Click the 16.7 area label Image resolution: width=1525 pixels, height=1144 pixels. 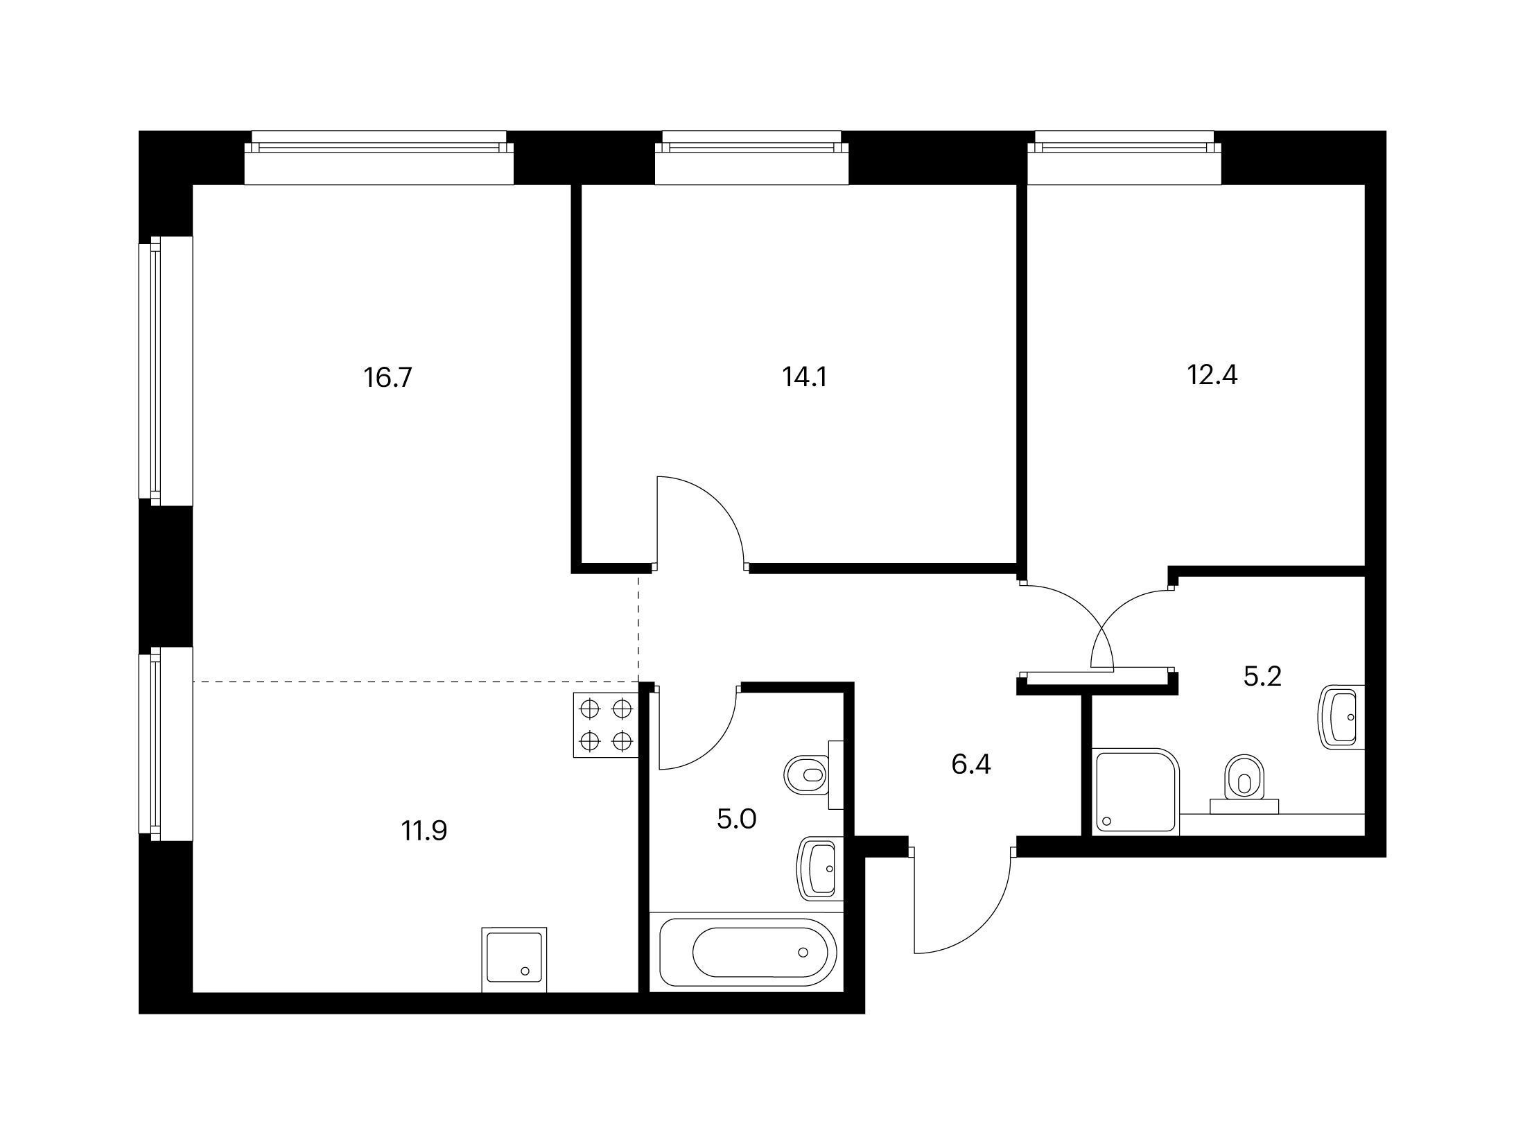pyautogui.click(x=388, y=378)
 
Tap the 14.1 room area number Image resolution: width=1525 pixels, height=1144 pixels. pyautogui.click(x=805, y=377)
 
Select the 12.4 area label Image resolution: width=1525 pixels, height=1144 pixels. pyautogui.click(x=1212, y=375)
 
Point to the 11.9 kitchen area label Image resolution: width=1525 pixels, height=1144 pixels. pyautogui.click(x=424, y=830)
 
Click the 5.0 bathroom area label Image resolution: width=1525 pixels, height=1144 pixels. pyautogui.click(x=737, y=820)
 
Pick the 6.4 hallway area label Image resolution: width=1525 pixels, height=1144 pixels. pyautogui.click(x=971, y=765)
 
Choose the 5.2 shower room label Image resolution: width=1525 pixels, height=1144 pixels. pyautogui.click(x=1262, y=676)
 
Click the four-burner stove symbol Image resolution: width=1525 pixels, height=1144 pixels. pyautogui.click(x=606, y=725)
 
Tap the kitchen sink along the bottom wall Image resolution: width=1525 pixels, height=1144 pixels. pyautogui.click(x=514, y=960)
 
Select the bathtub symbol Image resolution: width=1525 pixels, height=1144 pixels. pyautogui.click(x=749, y=952)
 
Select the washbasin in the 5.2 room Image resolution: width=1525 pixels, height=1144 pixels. pyautogui.click(x=1341, y=717)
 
